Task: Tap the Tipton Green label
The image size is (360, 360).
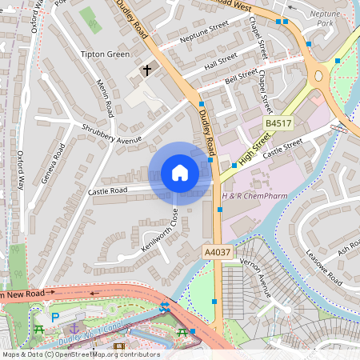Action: click(x=105, y=54)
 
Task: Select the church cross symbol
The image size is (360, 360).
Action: click(x=146, y=70)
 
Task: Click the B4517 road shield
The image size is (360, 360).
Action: click(x=278, y=123)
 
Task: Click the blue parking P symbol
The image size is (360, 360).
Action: click(x=55, y=318)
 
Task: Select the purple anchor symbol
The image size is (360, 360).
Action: click(x=74, y=328)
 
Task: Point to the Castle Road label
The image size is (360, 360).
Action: click(x=108, y=191)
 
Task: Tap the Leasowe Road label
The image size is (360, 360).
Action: click(x=324, y=267)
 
